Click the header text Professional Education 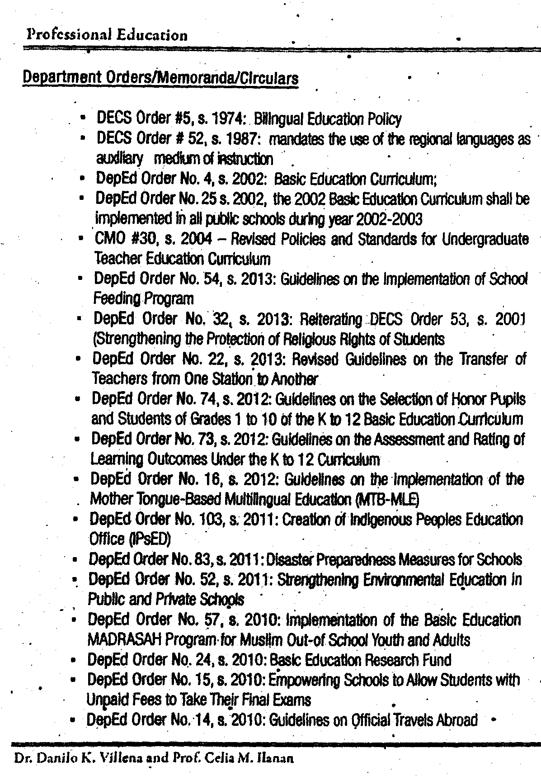(x=107, y=35)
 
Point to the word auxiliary (x=120, y=159)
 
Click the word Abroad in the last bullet (x=455, y=719)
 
